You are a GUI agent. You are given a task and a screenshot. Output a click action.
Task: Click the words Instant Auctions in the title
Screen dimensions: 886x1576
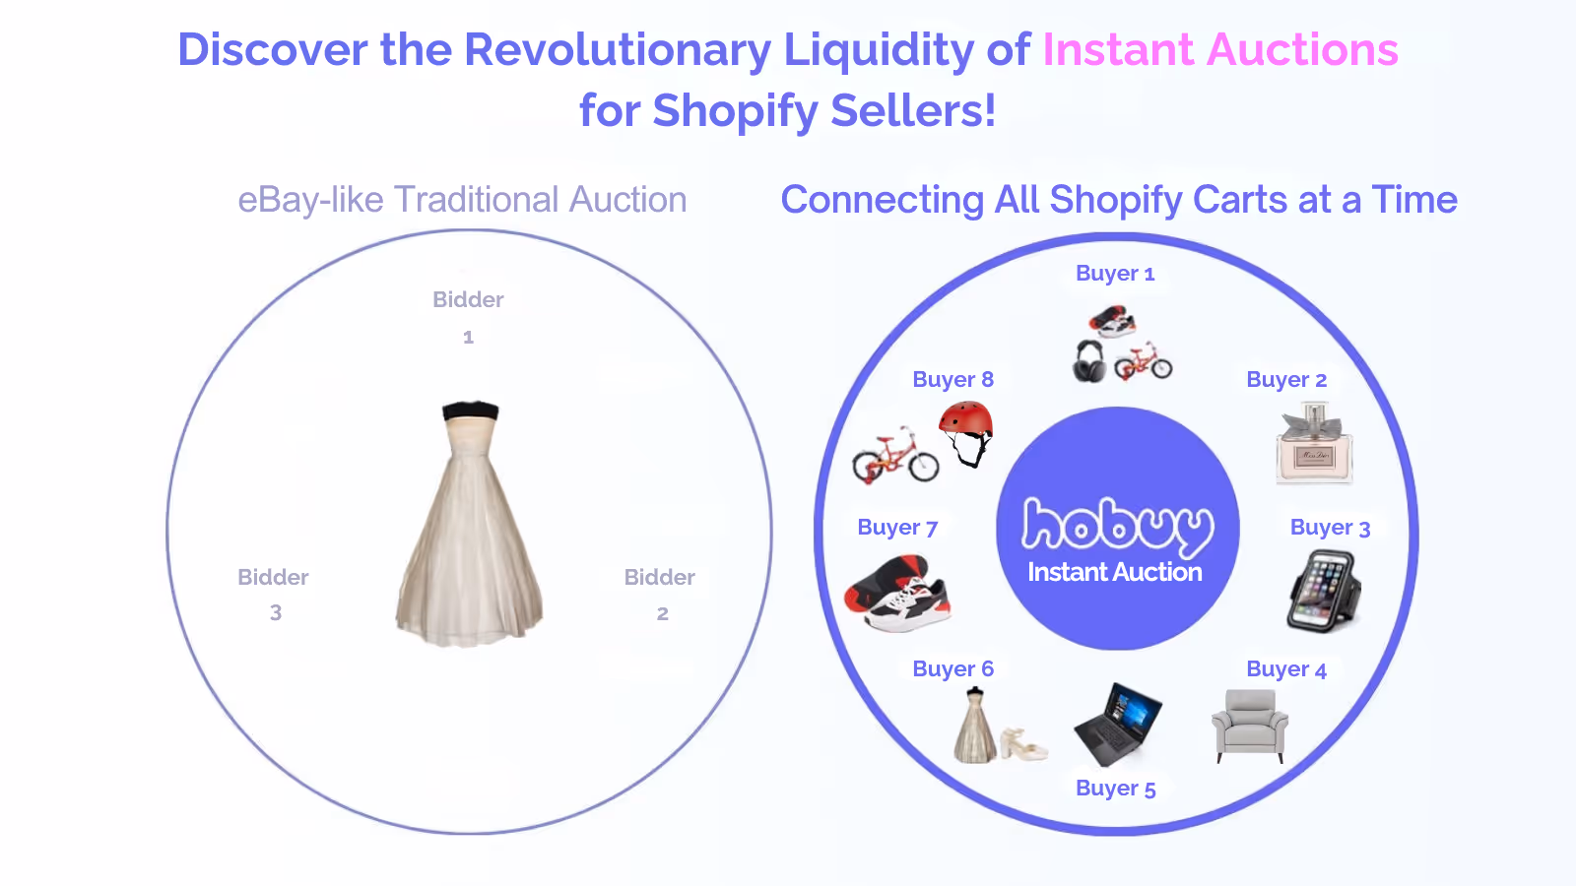(1219, 50)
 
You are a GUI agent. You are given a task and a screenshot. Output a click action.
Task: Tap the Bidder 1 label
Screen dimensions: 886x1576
(468, 316)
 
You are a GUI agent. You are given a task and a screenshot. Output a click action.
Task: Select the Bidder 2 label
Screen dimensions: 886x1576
(660, 594)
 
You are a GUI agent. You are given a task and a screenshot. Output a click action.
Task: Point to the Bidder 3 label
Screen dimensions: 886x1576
(274, 594)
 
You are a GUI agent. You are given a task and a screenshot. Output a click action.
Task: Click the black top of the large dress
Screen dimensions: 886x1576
(470, 411)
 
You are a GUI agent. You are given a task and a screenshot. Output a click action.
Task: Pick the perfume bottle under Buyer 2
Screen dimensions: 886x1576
(1314, 448)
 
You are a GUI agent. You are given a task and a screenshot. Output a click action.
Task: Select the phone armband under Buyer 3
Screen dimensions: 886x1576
(1325, 591)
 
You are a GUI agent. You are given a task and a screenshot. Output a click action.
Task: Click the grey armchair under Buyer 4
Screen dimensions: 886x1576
(1250, 725)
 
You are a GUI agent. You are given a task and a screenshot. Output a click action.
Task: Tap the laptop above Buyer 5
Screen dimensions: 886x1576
(1117, 725)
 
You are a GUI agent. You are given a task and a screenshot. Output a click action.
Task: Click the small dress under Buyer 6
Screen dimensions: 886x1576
(975, 728)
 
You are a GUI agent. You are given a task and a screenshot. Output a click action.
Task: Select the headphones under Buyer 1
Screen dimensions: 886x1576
(1089, 360)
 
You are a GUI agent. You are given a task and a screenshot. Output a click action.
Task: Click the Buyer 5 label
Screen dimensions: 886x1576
(1115, 788)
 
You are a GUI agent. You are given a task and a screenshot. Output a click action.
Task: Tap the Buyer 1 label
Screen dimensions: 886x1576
(1115, 274)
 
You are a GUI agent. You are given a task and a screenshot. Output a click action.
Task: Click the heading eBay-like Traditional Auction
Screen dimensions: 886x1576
(462, 200)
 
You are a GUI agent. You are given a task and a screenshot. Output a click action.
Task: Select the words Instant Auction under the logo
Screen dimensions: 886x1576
(1115, 572)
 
